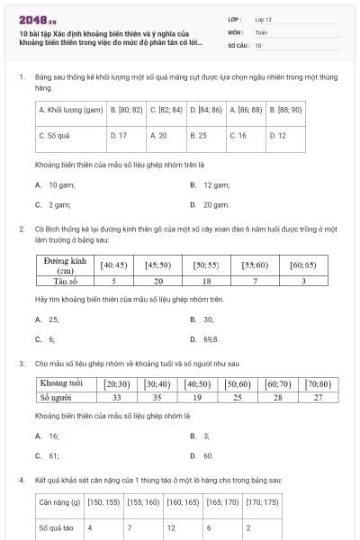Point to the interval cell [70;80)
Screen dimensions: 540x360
point(318,383)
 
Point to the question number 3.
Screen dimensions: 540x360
point(20,364)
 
